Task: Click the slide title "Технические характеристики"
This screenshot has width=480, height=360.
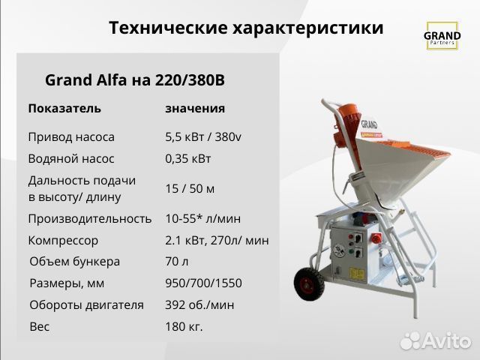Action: pyautogui.click(x=246, y=28)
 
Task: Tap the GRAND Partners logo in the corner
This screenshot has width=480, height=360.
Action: pyautogui.click(x=442, y=37)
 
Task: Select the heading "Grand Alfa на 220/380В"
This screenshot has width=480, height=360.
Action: pyautogui.click(x=135, y=80)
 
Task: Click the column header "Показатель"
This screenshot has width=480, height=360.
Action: pyautogui.click(x=64, y=108)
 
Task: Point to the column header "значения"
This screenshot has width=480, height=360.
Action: pyautogui.click(x=195, y=108)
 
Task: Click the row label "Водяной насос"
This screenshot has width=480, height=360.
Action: pyautogui.click(x=71, y=159)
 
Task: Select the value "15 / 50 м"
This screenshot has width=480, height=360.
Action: pyautogui.click(x=190, y=187)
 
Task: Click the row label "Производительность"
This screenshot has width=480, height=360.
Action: pyautogui.click(x=90, y=219)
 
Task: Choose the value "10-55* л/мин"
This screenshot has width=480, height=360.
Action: pyautogui.click(x=202, y=219)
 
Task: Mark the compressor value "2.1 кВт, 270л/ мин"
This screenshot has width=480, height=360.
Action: pyautogui.click(x=217, y=241)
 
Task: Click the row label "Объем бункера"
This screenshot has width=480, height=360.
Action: pyautogui.click(x=75, y=262)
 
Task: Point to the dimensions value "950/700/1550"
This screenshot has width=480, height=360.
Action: pyautogui.click(x=203, y=283)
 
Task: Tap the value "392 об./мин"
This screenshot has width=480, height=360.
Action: pyautogui.click(x=199, y=305)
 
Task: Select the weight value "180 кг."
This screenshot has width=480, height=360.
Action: pyautogui.click(x=184, y=327)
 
